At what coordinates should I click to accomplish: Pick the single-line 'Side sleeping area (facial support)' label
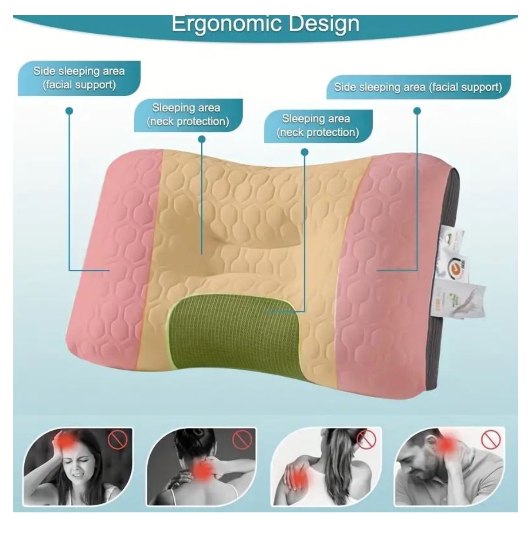coord(418,87)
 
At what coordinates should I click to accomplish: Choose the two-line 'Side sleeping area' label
coord(79,78)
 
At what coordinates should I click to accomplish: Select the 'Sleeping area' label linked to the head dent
coord(188,114)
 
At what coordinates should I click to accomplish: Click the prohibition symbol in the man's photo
coord(491,441)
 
